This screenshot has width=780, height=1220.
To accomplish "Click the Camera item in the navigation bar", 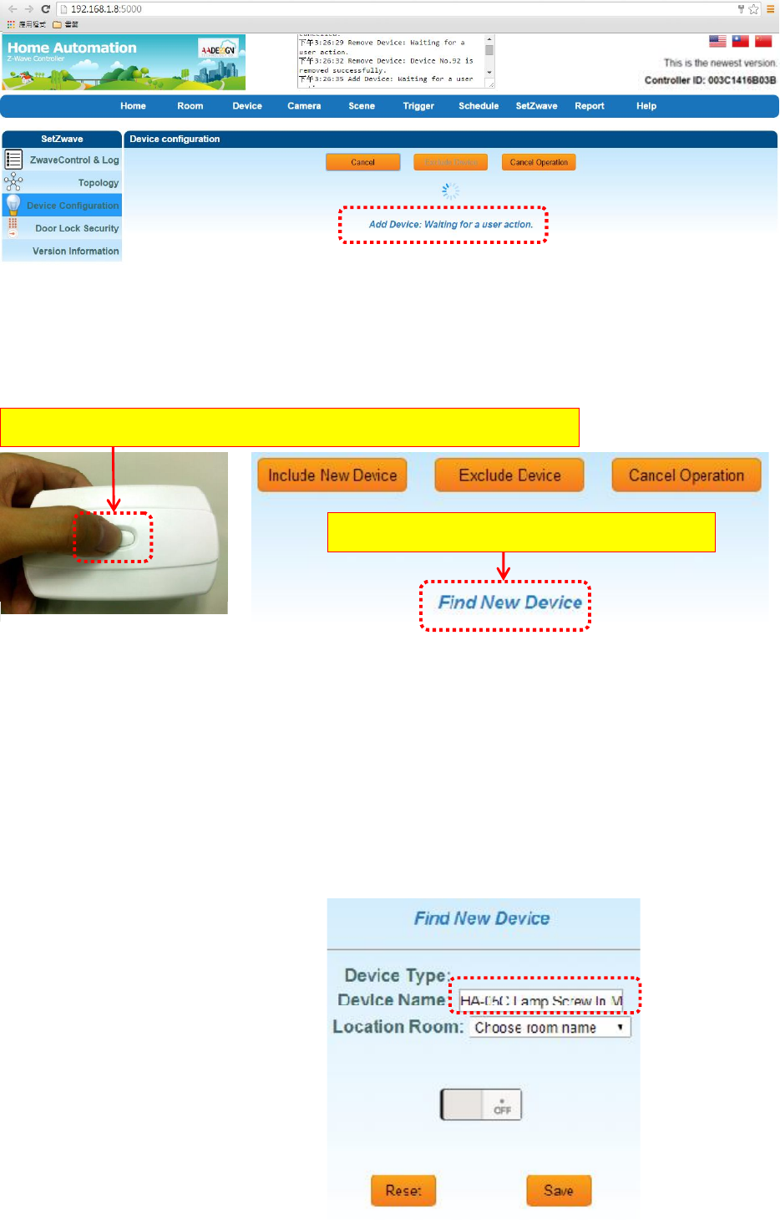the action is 304,106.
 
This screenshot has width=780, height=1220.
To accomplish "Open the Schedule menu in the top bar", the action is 479,106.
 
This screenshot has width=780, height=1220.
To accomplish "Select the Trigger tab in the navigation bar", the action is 418,106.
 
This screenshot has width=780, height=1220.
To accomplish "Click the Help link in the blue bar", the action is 646,106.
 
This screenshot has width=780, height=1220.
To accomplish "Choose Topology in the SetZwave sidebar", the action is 98,183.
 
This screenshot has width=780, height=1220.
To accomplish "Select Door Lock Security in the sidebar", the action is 77,228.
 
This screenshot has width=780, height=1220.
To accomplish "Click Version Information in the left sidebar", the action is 75,251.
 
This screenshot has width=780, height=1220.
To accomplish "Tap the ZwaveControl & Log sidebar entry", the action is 74,160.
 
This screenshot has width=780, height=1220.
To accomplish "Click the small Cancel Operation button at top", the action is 539,162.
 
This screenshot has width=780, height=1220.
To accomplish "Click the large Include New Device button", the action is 332,475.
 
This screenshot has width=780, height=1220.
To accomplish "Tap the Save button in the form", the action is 559,1191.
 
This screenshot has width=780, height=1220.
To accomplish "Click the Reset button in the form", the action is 403,1191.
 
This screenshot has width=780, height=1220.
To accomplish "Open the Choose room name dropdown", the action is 550,1028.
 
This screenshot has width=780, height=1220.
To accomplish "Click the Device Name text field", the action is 541,1000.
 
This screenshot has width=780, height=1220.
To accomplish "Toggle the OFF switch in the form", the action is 481,1105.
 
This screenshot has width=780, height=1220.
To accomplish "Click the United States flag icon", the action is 717,41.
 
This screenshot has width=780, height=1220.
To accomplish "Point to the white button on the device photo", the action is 126,537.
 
